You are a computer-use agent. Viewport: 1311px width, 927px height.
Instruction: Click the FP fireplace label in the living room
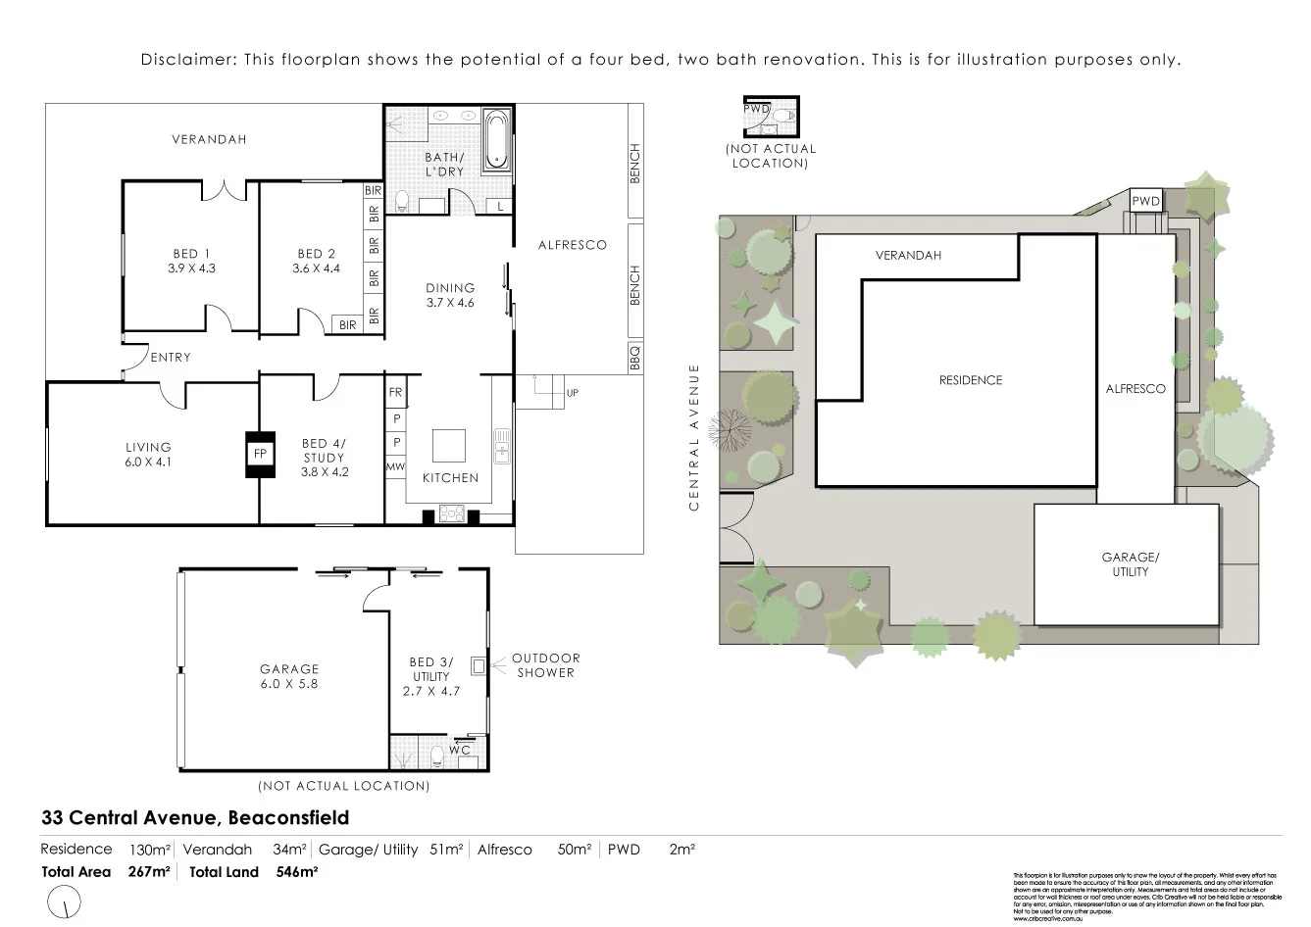(260, 455)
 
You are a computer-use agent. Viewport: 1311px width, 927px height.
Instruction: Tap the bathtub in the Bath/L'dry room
(497, 141)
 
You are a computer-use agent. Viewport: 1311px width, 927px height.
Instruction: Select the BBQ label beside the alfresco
(634, 353)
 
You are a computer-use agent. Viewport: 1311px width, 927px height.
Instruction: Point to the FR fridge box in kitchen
(395, 392)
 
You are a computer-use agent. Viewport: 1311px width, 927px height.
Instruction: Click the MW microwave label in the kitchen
(395, 467)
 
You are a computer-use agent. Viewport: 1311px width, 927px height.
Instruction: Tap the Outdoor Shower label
(546, 665)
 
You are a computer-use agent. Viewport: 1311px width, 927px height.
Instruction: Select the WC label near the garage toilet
(460, 750)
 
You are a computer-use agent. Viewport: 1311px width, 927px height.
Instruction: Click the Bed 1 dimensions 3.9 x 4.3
(191, 268)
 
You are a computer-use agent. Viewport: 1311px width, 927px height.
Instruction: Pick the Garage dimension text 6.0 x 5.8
(289, 684)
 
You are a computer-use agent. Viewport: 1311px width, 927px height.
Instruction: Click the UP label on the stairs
(573, 393)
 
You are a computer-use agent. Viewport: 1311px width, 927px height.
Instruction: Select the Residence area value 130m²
(150, 850)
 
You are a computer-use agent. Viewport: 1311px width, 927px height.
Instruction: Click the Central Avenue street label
(694, 437)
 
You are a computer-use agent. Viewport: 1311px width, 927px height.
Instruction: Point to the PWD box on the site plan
(1146, 201)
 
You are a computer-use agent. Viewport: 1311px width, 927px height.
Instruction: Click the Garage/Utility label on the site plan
(1130, 564)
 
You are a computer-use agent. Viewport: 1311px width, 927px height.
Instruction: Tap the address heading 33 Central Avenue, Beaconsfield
(195, 817)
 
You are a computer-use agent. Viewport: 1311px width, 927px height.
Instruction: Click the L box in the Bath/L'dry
(499, 206)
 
